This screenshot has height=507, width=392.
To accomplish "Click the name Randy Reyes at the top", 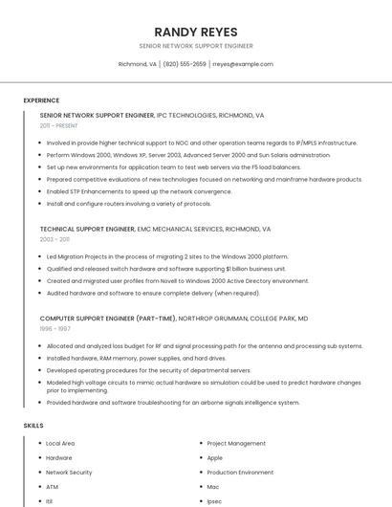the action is click(196, 32).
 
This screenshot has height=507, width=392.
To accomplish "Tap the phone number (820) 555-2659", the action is click(185, 64).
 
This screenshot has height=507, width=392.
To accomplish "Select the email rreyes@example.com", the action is click(243, 64).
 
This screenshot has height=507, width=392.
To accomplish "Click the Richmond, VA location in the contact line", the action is click(137, 64).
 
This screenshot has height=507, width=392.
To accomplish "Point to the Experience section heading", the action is click(41, 100).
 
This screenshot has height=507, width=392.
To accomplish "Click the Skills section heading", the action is click(33, 425).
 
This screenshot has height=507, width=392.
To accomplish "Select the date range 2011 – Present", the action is click(58, 125).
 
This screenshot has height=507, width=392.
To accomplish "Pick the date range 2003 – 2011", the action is click(54, 239).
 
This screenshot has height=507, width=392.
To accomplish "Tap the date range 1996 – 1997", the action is click(54, 328).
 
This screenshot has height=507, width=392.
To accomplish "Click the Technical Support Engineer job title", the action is click(87, 230).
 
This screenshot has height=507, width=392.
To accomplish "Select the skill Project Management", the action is click(236, 444).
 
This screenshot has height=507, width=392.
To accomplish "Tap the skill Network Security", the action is click(69, 473).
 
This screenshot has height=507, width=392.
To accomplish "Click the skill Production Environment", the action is click(240, 473).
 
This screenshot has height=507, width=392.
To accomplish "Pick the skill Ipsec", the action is click(214, 500).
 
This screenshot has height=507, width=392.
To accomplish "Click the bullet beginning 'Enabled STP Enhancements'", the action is click(139, 191).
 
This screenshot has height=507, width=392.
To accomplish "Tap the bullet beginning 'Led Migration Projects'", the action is click(166, 256).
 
